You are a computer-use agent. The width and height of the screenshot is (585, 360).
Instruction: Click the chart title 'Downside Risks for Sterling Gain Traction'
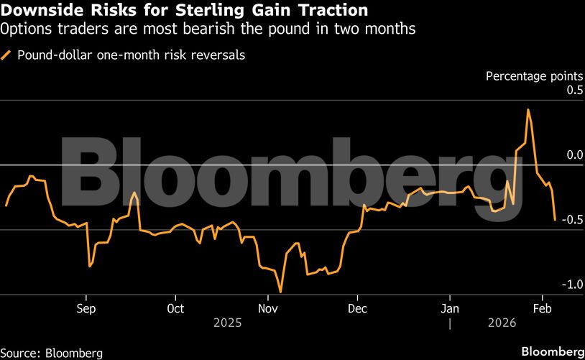pyautogui.click(x=185, y=11)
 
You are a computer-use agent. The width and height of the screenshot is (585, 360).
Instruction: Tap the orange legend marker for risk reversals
pyautogui.click(x=7, y=55)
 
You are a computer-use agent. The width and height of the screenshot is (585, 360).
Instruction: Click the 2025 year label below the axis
pyautogui.click(x=228, y=323)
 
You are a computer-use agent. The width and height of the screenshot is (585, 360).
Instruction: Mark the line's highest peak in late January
pyautogui.click(x=528, y=109)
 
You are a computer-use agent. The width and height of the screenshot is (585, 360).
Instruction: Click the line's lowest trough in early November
pyautogui.click(x=280, y=292)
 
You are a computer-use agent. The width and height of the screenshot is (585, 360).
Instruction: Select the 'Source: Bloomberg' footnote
pyautogui.click(x=52, y=353)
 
